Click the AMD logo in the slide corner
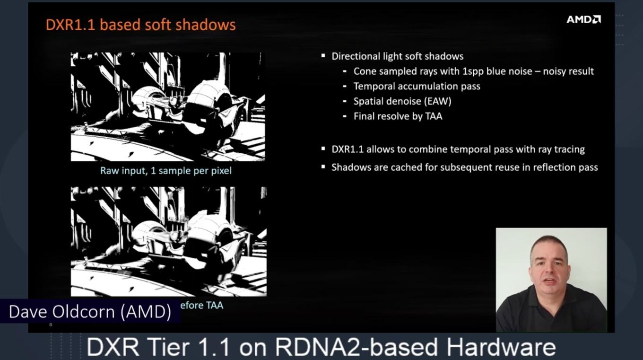583,19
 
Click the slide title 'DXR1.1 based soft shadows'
141,25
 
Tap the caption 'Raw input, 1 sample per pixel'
166,171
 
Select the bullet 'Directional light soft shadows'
397,56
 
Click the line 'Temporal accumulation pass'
417,86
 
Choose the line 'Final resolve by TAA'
398,116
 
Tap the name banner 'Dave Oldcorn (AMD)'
90,312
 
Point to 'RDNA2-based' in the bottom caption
356,347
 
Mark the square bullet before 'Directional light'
323,56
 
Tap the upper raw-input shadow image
168,106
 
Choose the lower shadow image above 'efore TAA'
169,241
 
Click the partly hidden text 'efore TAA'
202,305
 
